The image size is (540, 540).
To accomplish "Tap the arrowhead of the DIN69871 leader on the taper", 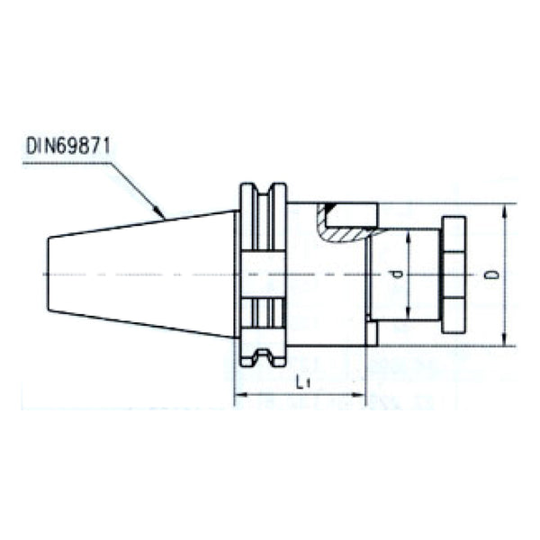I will click(x=163, y=216).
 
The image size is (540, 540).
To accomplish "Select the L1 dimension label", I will click(x=303, y=383).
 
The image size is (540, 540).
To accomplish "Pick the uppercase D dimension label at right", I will click(x=491, y=274).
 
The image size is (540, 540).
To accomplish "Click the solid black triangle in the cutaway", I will click(x=330, y=209).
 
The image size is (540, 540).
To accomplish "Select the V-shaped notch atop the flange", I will click(x=262, y=191).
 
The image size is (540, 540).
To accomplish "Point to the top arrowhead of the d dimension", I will click(x=410, y=236).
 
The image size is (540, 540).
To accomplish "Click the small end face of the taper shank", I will click(x=48, y=274).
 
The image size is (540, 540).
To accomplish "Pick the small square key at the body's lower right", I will click(x=371, y=334).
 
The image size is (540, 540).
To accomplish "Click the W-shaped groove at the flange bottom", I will click(x=262, y=356).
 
